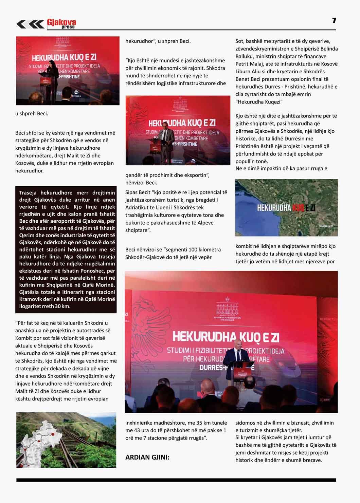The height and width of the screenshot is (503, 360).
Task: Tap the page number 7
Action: (334, 20)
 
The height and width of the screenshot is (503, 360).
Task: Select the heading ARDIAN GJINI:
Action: (147, 457)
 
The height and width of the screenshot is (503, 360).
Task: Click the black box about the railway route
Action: (66, 249)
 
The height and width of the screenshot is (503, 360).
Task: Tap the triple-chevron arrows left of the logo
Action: (30, 24)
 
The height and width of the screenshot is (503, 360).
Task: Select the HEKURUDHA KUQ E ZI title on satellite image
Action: (286, 207)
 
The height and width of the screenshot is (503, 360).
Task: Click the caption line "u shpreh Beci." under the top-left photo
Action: (32, 113)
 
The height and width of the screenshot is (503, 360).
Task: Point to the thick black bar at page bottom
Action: (176, 480)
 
